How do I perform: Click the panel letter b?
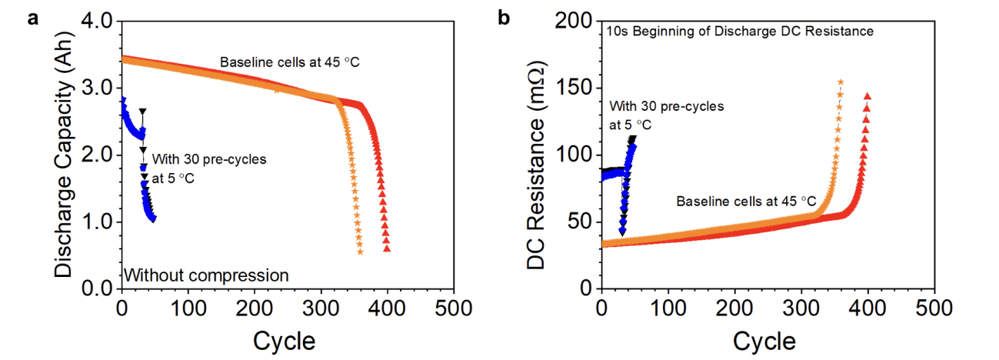pos(504,18)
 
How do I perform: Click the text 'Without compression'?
pos(206,275)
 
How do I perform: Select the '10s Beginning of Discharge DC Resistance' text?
pos(740,32)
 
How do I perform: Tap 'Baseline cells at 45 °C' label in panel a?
pos(291,62)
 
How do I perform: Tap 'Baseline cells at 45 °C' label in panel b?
pos(746,202)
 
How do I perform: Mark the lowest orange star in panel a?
pos(360,252)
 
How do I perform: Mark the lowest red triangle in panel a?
pos(387,248)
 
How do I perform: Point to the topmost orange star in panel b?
pos(841,82)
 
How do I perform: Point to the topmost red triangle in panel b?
pos(868,97)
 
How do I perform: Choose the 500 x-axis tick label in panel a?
pos(454,308)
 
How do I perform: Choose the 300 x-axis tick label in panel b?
pos(801,308)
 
